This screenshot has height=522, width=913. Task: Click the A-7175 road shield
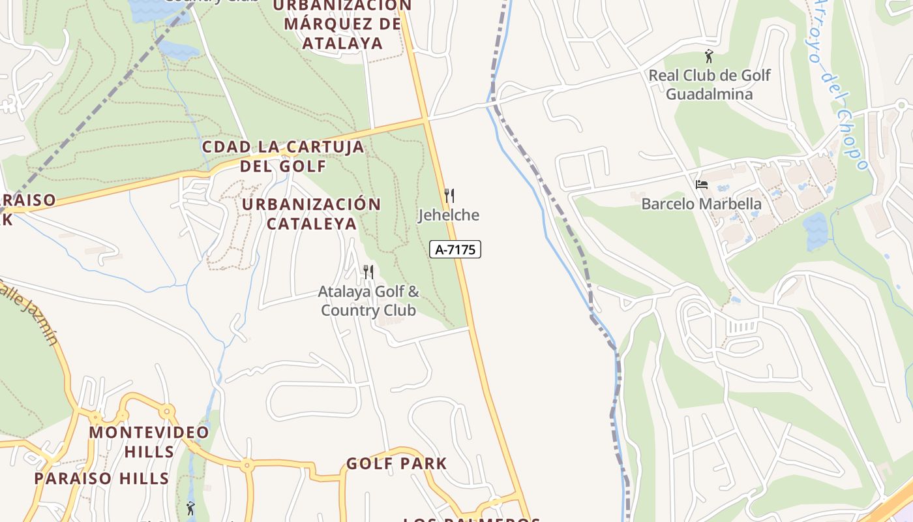[x=455, y=249]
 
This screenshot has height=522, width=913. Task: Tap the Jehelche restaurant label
[x=449, y=215]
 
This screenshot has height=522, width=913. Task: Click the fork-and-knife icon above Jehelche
[x=449, y=195]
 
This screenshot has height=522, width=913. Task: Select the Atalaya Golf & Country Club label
[x=368, y=301]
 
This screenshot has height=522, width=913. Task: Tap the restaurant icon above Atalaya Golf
[x=368, y=271]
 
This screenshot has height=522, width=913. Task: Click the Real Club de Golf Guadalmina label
[x=709, y=85]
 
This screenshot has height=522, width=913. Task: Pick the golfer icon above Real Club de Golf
[x=709, y=56]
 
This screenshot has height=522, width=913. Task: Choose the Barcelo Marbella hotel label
[x=701, y=204]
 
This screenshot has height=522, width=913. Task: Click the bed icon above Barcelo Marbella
[x=702, y=185]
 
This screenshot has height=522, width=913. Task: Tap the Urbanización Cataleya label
[x=311, y=214]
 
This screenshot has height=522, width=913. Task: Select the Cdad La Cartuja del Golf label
[x=283, y=156]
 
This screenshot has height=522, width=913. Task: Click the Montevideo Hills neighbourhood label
[x=149, y=442]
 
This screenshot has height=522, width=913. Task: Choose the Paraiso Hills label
[x=102, y=478]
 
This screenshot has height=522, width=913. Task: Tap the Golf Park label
[x=397, y=464]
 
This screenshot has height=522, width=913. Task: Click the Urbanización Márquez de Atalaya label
[x=342, y=25]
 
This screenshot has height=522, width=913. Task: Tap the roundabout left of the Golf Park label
[x=247, y=466]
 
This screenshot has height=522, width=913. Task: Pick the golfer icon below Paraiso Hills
[x=190, y=507]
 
